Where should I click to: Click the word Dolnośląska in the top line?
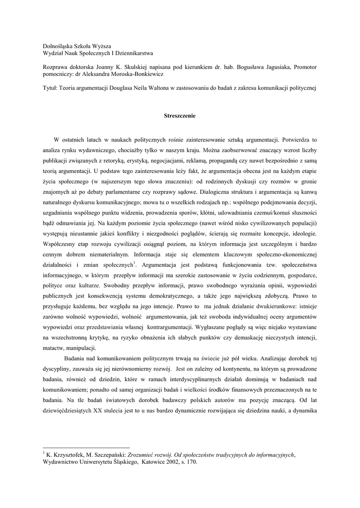[61, 45]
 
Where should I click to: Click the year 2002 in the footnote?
[174, 462]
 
